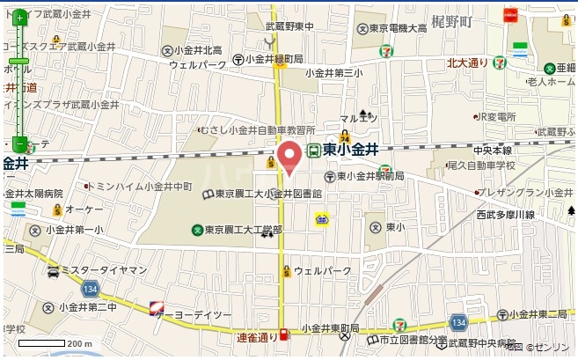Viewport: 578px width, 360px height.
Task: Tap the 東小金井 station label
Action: tap(349, 151)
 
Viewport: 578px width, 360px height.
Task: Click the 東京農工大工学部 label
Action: tap(245, 230)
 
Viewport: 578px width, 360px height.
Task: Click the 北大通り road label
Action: tap(467, 62)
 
